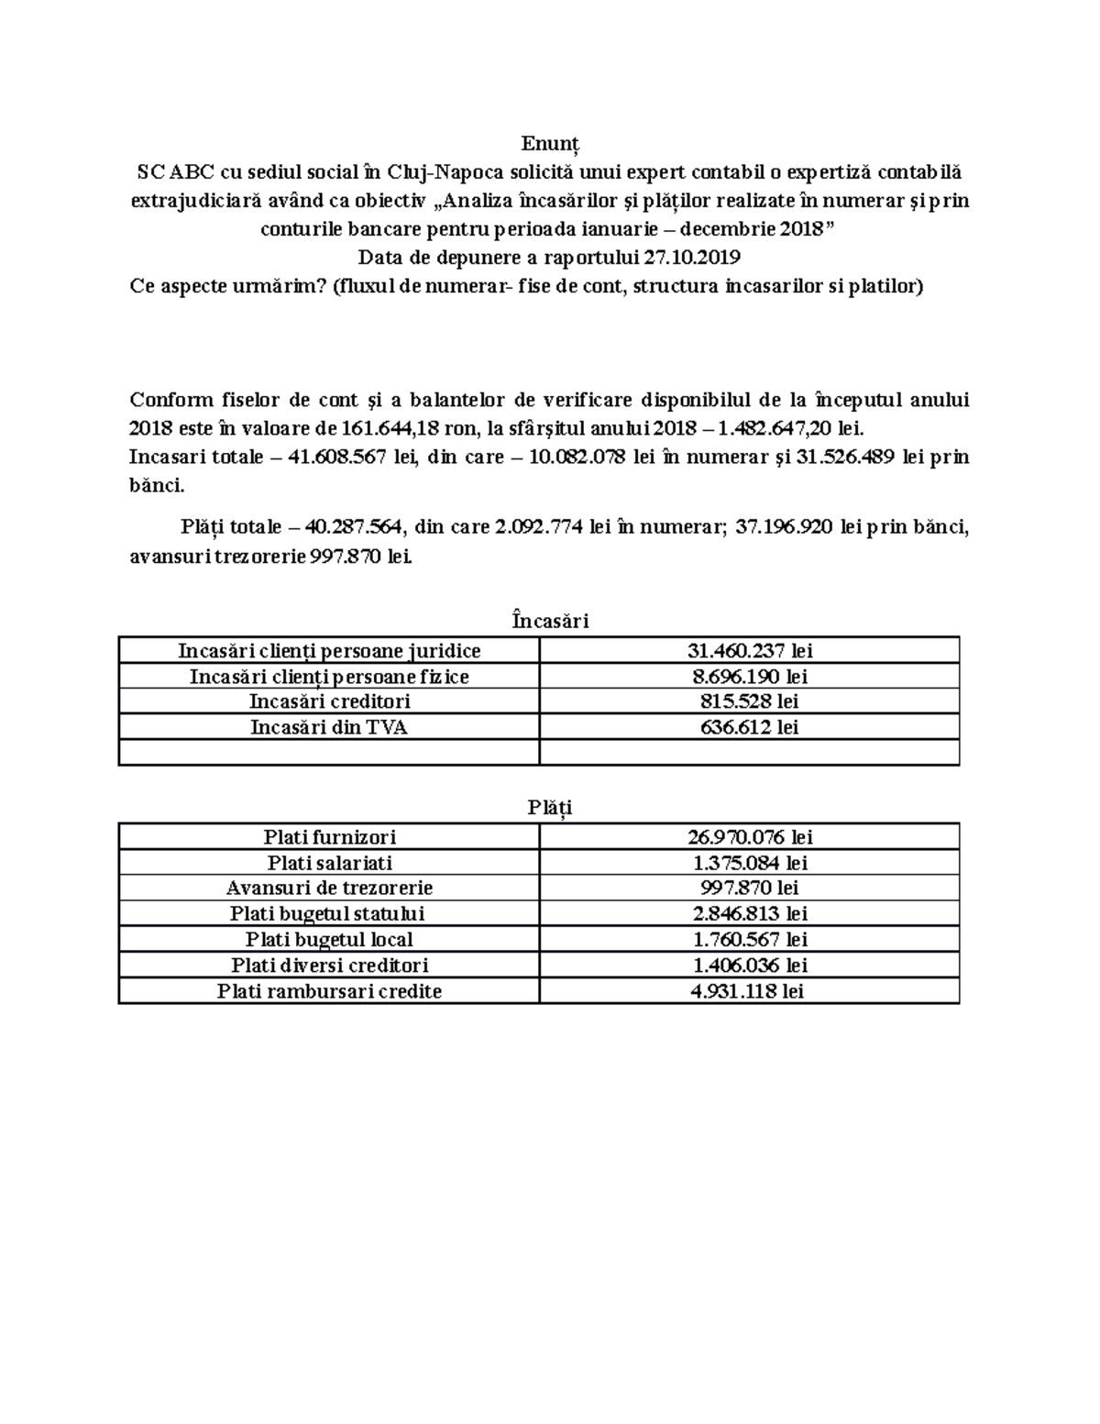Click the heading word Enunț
(550, 145)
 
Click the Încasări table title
(550, 621)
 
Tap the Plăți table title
(550, 807)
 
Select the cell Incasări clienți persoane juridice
(329, 651)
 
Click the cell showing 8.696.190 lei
(750, 677)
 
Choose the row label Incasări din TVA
(329, 728)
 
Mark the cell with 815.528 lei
(750, 702)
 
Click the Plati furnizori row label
(329, 837)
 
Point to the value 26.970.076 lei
(750, 837)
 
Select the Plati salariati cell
(329, 863)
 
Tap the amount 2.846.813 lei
(750, 914)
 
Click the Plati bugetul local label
(329, 940)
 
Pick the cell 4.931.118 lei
(750, 991)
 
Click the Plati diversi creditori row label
(329, 966)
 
